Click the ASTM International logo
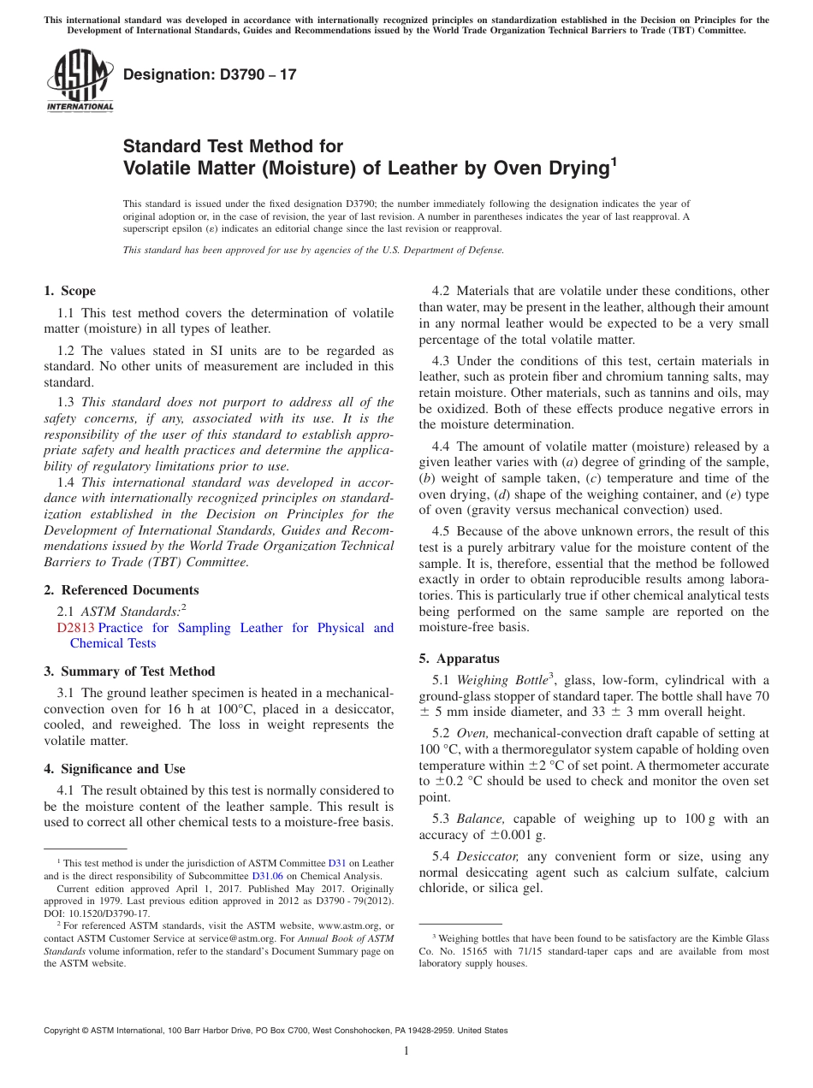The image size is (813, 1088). [80, 80]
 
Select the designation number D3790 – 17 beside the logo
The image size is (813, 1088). [210, 74]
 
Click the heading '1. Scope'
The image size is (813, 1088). [69, 291]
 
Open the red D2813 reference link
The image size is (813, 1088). [75, 628]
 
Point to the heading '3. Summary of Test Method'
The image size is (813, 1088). [129, 671]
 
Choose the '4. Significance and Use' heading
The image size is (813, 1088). [115, 769]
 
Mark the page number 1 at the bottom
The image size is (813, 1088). [406, 1050]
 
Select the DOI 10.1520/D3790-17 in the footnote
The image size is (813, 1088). [110, 913]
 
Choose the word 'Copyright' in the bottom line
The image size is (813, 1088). [66, 1031]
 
